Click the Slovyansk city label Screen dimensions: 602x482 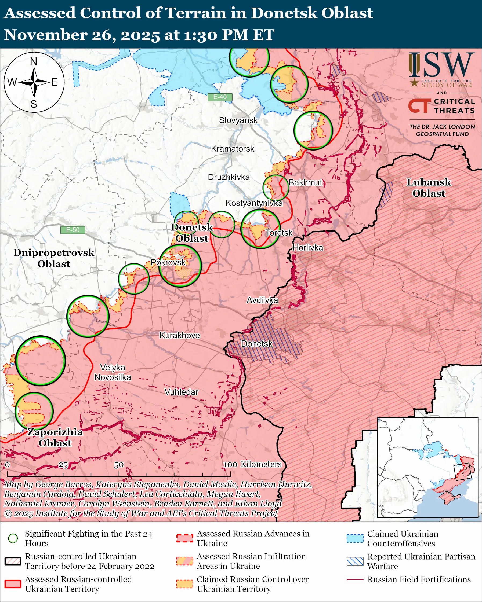click(238, 120)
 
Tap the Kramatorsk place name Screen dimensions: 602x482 click(233, 149)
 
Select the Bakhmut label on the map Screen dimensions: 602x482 click(305, 183)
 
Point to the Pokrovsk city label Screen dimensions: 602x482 click(168, 262)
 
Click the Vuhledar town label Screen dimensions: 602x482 click(181, 392)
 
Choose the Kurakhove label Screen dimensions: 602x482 click(180, 335)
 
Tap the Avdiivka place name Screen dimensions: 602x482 click(262, 300)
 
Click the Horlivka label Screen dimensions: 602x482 click(308, 248)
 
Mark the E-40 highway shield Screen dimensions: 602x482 click(220, 97)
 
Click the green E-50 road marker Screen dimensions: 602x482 click(73, 230)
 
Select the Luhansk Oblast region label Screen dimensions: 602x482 click(429, 188)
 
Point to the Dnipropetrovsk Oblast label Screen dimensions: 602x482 click(54, 258)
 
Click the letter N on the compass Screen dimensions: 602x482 click(34, 61)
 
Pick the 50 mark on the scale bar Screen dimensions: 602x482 click(119, 465)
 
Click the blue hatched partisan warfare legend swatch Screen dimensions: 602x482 click(355, 561)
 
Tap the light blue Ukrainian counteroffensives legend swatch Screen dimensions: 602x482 click(355, 538)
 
